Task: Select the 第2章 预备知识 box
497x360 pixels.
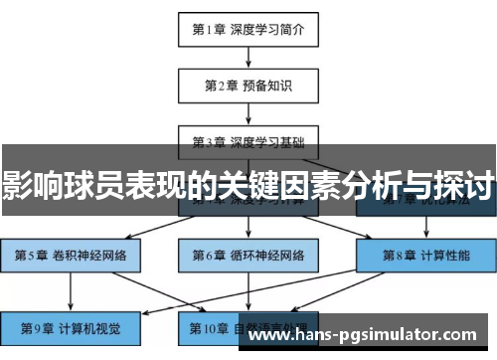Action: pyautogui.click(x=248, y=85)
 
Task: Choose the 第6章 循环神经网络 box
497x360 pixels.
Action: pyautogui.click(x=248, y=255)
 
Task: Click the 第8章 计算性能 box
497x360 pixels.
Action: pyautogui.click(x=425, y=255)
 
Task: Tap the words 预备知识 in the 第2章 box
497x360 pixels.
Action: pyautogui.click(x=265, y=85)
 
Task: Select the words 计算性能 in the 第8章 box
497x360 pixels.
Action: pyautogui.click(x=443, y=255)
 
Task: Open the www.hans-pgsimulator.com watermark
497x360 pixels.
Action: pyautogui.click(x=368, y=336)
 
